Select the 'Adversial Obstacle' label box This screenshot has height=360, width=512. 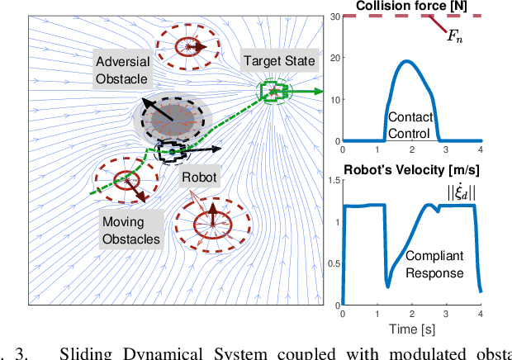(x=123, y=70)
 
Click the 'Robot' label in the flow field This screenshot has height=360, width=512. (x=200, y=177)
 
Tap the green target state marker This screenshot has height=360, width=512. (x=273, y=92)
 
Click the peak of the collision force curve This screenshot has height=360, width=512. (x=405, y=61)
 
